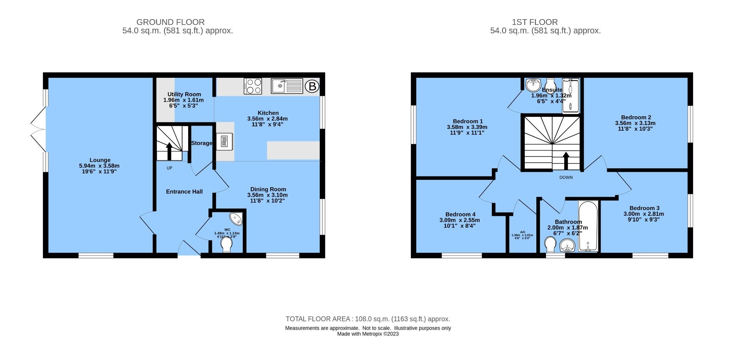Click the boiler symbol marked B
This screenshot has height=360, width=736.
pos(312,87)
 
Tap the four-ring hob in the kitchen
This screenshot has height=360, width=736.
pos(253,86)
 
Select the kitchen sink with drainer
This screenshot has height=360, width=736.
pos(287,86)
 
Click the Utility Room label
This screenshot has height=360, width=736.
pos(184,94)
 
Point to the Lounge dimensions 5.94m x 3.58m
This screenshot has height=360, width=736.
pos(100,166)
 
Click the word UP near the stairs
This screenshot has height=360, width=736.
pos(169,168)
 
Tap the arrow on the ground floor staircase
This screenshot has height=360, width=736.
pos(169,150)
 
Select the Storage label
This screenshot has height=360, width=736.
pos(202,143)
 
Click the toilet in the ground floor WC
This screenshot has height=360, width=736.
pos(227,245)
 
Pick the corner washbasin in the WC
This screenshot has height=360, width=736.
pos(237,219)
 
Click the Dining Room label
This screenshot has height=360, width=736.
pos(268,189)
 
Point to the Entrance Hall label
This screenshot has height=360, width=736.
pos(184,192)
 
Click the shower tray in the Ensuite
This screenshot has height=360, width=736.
pos(570,97)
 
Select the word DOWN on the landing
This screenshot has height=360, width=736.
pos(566,178)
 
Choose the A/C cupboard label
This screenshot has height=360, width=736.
pos(522,232)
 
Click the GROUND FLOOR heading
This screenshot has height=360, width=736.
pos(171,22)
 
